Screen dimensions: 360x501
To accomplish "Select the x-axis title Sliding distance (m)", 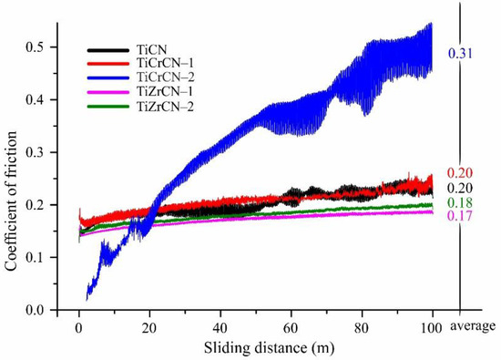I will pyautogui.click(x=257, y=347).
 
